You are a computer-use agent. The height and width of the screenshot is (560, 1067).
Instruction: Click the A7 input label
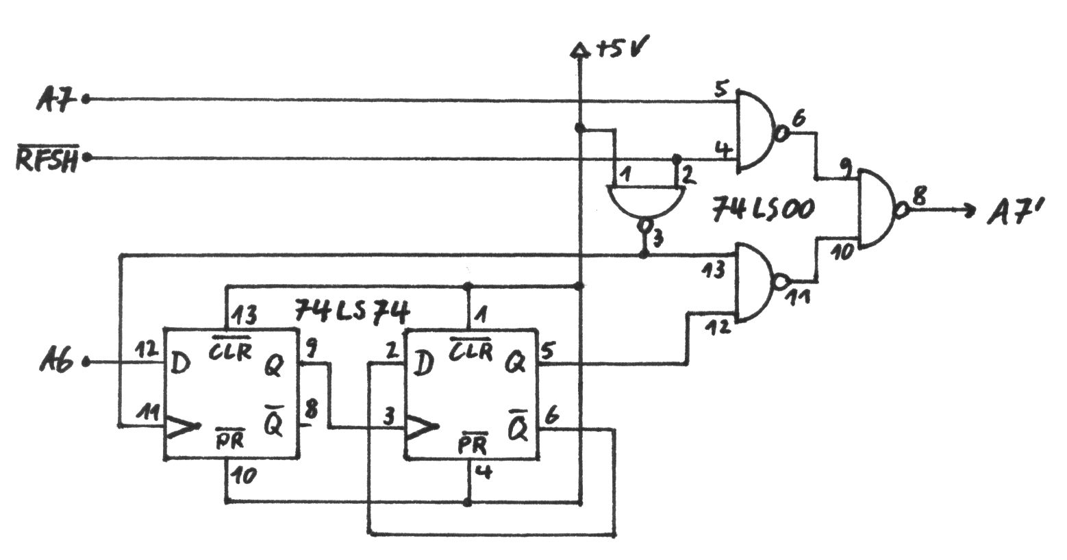[x=56, y=100]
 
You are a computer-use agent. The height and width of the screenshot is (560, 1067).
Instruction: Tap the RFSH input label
[x=47, y=160]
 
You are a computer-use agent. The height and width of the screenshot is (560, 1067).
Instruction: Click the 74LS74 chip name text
[x=352, y=312]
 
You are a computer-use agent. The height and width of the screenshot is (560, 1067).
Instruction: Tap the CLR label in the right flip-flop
[x=470, y=351]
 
